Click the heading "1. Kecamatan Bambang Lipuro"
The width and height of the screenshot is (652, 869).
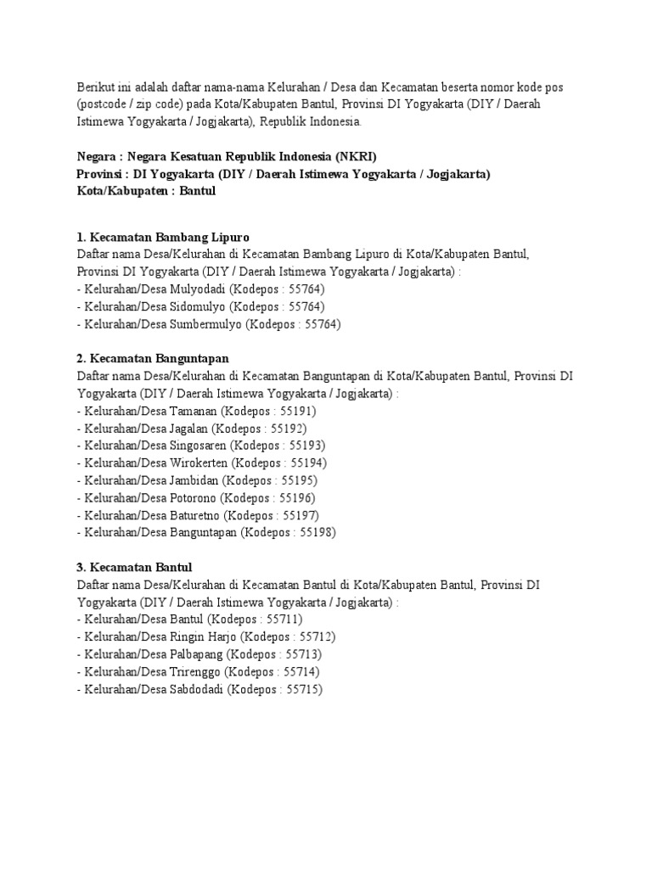coord(162,236)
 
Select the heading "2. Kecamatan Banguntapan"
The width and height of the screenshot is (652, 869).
coord(153,359)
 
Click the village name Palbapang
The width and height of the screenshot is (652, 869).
coord(198,655)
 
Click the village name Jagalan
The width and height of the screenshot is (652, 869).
coord(190,429)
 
